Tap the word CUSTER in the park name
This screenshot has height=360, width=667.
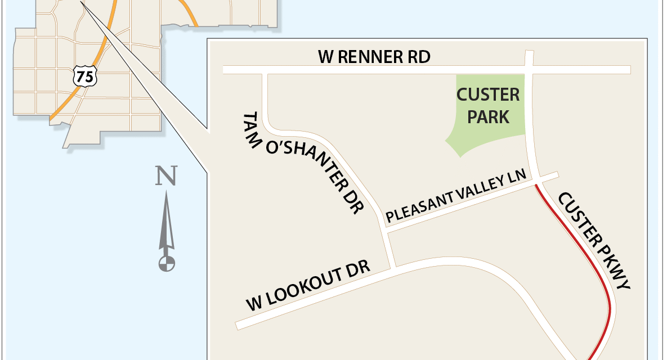coord(488,94)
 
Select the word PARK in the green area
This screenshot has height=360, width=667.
coord(488,117)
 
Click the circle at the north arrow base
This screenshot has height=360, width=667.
coord(167,263)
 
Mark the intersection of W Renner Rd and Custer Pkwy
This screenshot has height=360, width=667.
coord(529,69)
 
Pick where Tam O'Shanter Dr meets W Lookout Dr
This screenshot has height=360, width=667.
coord(393,267)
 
